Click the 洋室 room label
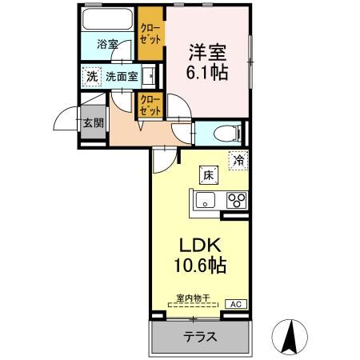[x=207, y=53]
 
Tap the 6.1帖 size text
[x=207, y=72]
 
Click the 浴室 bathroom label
[x=107, y=46]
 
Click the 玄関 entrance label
[x=93, y=123]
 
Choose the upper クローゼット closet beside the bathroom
[x=149, y=31]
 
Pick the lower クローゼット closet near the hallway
[x=149, y=105]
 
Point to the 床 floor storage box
[x=207, y=174]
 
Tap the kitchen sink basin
[x=205, y=200]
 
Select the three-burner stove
[x=236, y=200]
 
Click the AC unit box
[x=236, y=304]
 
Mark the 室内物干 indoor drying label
[x=193, y=298]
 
